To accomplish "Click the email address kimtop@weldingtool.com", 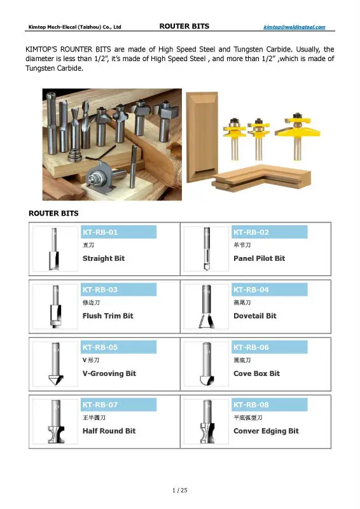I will (294, 27).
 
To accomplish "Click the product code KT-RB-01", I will (100, 232).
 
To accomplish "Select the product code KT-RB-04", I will (251, 289).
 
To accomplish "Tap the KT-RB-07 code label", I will (100, 405).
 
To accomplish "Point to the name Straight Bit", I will (104, 258).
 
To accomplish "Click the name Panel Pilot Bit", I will (259, 258).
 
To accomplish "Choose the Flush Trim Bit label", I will (108, 316).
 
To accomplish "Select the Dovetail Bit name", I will (254, 316).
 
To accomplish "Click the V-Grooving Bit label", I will (109, 373).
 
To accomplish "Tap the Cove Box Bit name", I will (256, 373).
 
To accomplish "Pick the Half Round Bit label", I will (109, 431).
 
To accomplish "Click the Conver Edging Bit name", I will (266, 431).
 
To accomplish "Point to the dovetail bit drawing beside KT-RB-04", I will (206, 306).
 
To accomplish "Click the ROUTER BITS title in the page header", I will (184, 27).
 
